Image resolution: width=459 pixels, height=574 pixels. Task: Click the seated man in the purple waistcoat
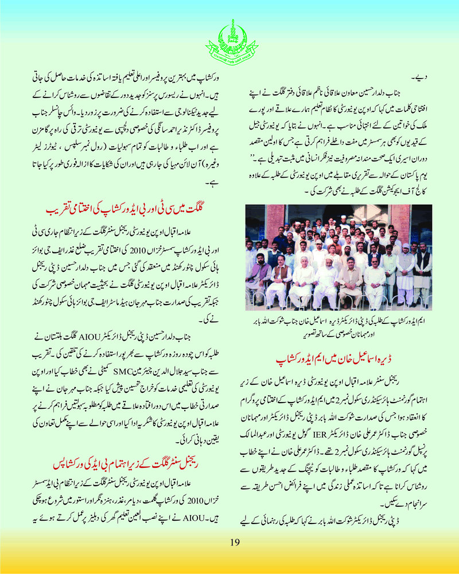coord(281,281)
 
